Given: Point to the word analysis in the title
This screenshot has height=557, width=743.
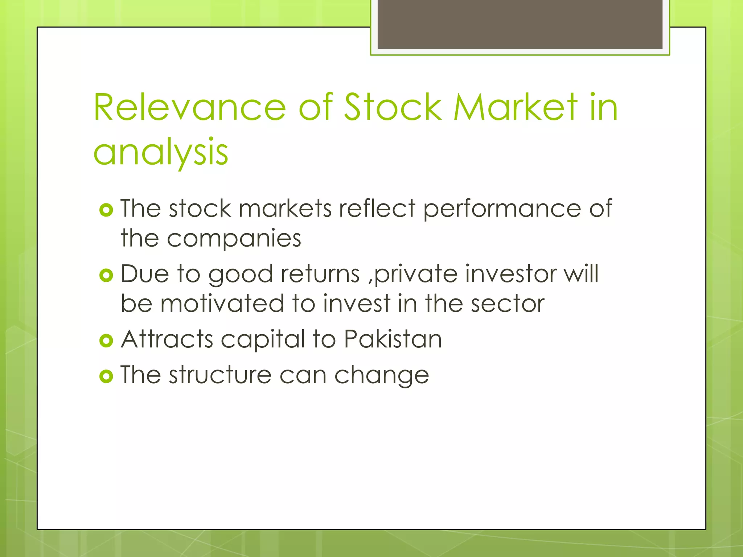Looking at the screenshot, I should tap(161, 152).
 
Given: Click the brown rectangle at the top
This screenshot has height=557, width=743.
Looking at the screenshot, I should tap(520, 24).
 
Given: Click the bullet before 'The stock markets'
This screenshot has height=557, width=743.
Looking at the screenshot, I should tap(106, 210).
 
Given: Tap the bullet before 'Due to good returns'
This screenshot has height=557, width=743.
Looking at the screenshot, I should tap(106, 276).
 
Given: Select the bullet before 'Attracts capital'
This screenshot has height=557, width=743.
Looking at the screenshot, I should tap(106, 341).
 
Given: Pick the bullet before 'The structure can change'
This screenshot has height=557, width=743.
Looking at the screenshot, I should tap(106, 376).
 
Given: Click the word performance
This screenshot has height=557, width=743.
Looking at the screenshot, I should tap(502, 209).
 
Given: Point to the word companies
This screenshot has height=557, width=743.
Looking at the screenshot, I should tap(234, 239).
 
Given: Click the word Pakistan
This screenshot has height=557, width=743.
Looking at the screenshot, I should tap(393, 339).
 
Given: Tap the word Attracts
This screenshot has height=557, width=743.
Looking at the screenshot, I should tap(167, 339).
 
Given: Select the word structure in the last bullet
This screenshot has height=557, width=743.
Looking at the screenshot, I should tap(220, 375).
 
